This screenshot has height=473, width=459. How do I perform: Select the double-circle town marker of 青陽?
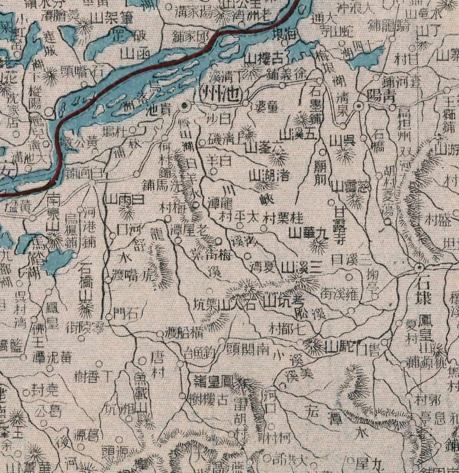[358, 106]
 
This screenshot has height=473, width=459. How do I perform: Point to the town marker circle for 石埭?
[419, 268]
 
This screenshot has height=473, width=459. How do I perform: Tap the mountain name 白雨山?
[123, 199]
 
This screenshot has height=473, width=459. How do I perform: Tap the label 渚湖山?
[270, 176]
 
